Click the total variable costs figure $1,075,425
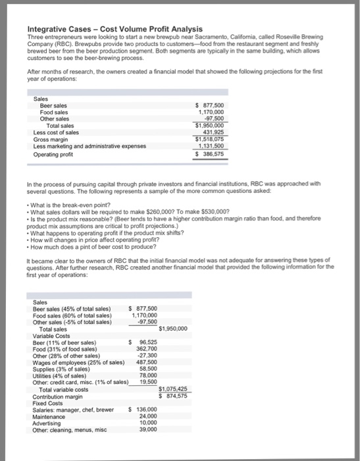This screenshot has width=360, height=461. (x=174, y=389)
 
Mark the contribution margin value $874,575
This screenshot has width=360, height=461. (x=174, y=395)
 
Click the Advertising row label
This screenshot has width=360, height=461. (x=49, y=422)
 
